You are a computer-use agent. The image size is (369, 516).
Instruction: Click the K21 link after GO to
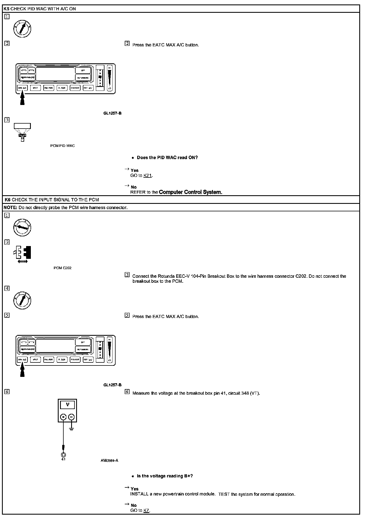tap(148, 176)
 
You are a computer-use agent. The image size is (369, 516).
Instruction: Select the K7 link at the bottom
tap(146, 510)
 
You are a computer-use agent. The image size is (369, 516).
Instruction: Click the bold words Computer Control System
tap(190, 192)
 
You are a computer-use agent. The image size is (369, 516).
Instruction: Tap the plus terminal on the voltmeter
tap(63, 417)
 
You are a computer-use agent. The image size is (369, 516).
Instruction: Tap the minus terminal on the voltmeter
tap(71, 417)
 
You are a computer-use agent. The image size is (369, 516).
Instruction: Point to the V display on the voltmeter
tap(68, 405)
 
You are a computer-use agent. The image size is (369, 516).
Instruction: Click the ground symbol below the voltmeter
tap(71, 429)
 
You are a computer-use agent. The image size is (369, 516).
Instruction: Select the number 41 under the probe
tap(63, 459)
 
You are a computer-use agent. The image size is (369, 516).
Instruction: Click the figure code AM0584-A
tap(109, 460)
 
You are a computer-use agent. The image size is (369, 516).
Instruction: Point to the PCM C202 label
tap(63, 268)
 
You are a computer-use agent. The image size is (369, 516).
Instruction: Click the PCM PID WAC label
tap(63, 146)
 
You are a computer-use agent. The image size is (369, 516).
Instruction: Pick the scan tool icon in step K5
tap(22, 132)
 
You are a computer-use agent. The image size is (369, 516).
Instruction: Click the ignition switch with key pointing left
tap(22, 228)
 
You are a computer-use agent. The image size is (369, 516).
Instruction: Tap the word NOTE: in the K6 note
tap(11, 207)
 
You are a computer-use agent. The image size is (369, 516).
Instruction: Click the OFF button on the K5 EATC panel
tap(83, 70)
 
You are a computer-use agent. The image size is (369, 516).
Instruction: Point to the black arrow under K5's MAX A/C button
tap(23, 99)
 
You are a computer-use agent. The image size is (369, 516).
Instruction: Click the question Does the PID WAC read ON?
tap(167, 157)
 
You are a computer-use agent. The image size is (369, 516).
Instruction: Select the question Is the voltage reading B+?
tap(165, 476)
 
